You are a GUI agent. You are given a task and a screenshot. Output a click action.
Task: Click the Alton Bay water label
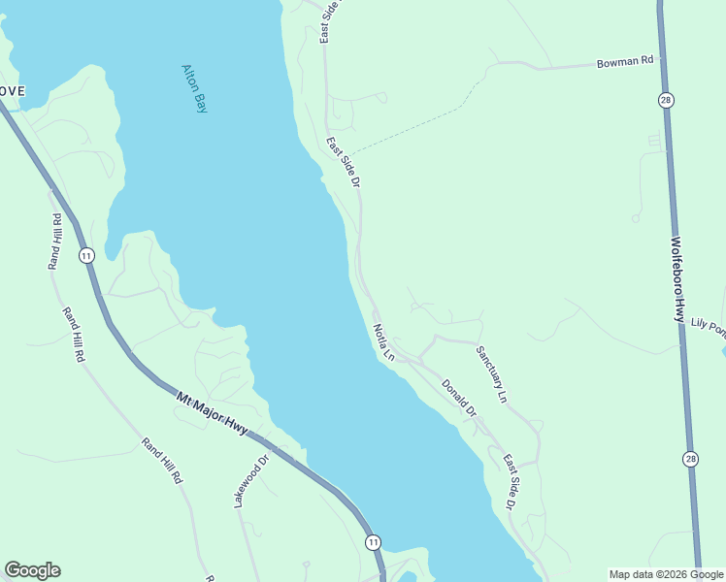[x=194, y=88]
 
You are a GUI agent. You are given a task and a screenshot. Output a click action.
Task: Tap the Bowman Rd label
[x=625, y=63]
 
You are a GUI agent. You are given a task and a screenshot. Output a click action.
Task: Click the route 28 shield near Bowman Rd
[x=665, y=100]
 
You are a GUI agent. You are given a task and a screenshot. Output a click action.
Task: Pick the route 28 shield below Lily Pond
[x=690, y=459]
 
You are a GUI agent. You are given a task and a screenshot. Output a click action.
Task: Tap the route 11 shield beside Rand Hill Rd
[x=86, y=255]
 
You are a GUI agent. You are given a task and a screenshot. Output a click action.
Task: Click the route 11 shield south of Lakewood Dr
[x=373, y=542]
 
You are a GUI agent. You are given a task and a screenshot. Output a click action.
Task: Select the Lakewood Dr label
[x=250, y=482]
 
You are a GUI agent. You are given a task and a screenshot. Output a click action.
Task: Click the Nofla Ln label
[x=383, y=342]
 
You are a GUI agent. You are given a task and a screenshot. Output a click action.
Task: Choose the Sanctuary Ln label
[x=491, y=374]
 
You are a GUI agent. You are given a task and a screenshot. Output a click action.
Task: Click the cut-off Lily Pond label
[x=709, y=329]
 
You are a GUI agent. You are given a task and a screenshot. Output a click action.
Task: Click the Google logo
[x=32, y=570]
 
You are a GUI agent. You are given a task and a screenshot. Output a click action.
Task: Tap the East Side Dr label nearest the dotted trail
[x=344, y=162]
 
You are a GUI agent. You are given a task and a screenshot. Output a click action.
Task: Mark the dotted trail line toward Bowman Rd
[x=417, y=126]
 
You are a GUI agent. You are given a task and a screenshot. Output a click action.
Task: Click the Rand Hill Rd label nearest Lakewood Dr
[x=161, y=461]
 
